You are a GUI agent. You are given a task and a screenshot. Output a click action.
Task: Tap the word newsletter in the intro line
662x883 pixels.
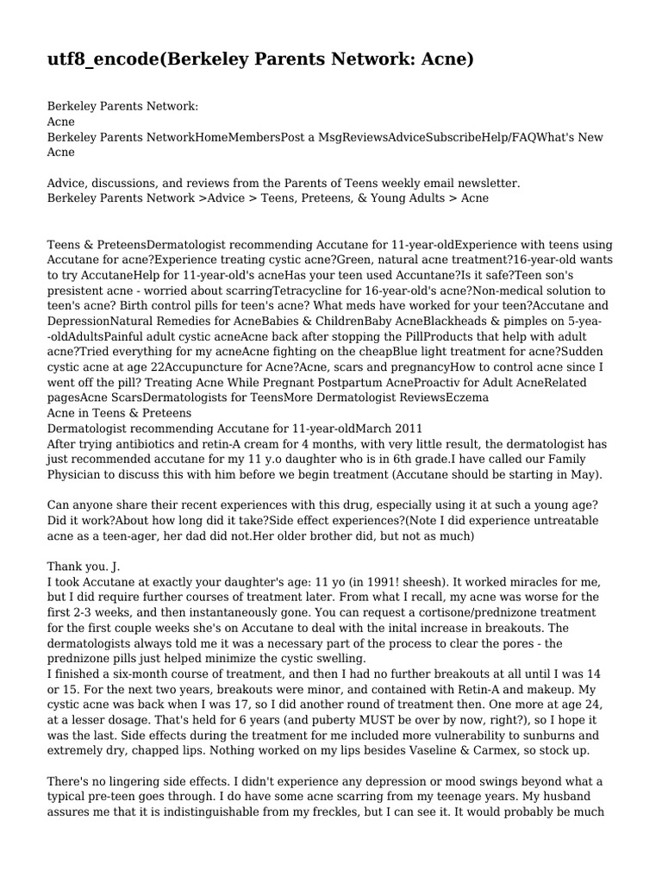click(487, 183)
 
